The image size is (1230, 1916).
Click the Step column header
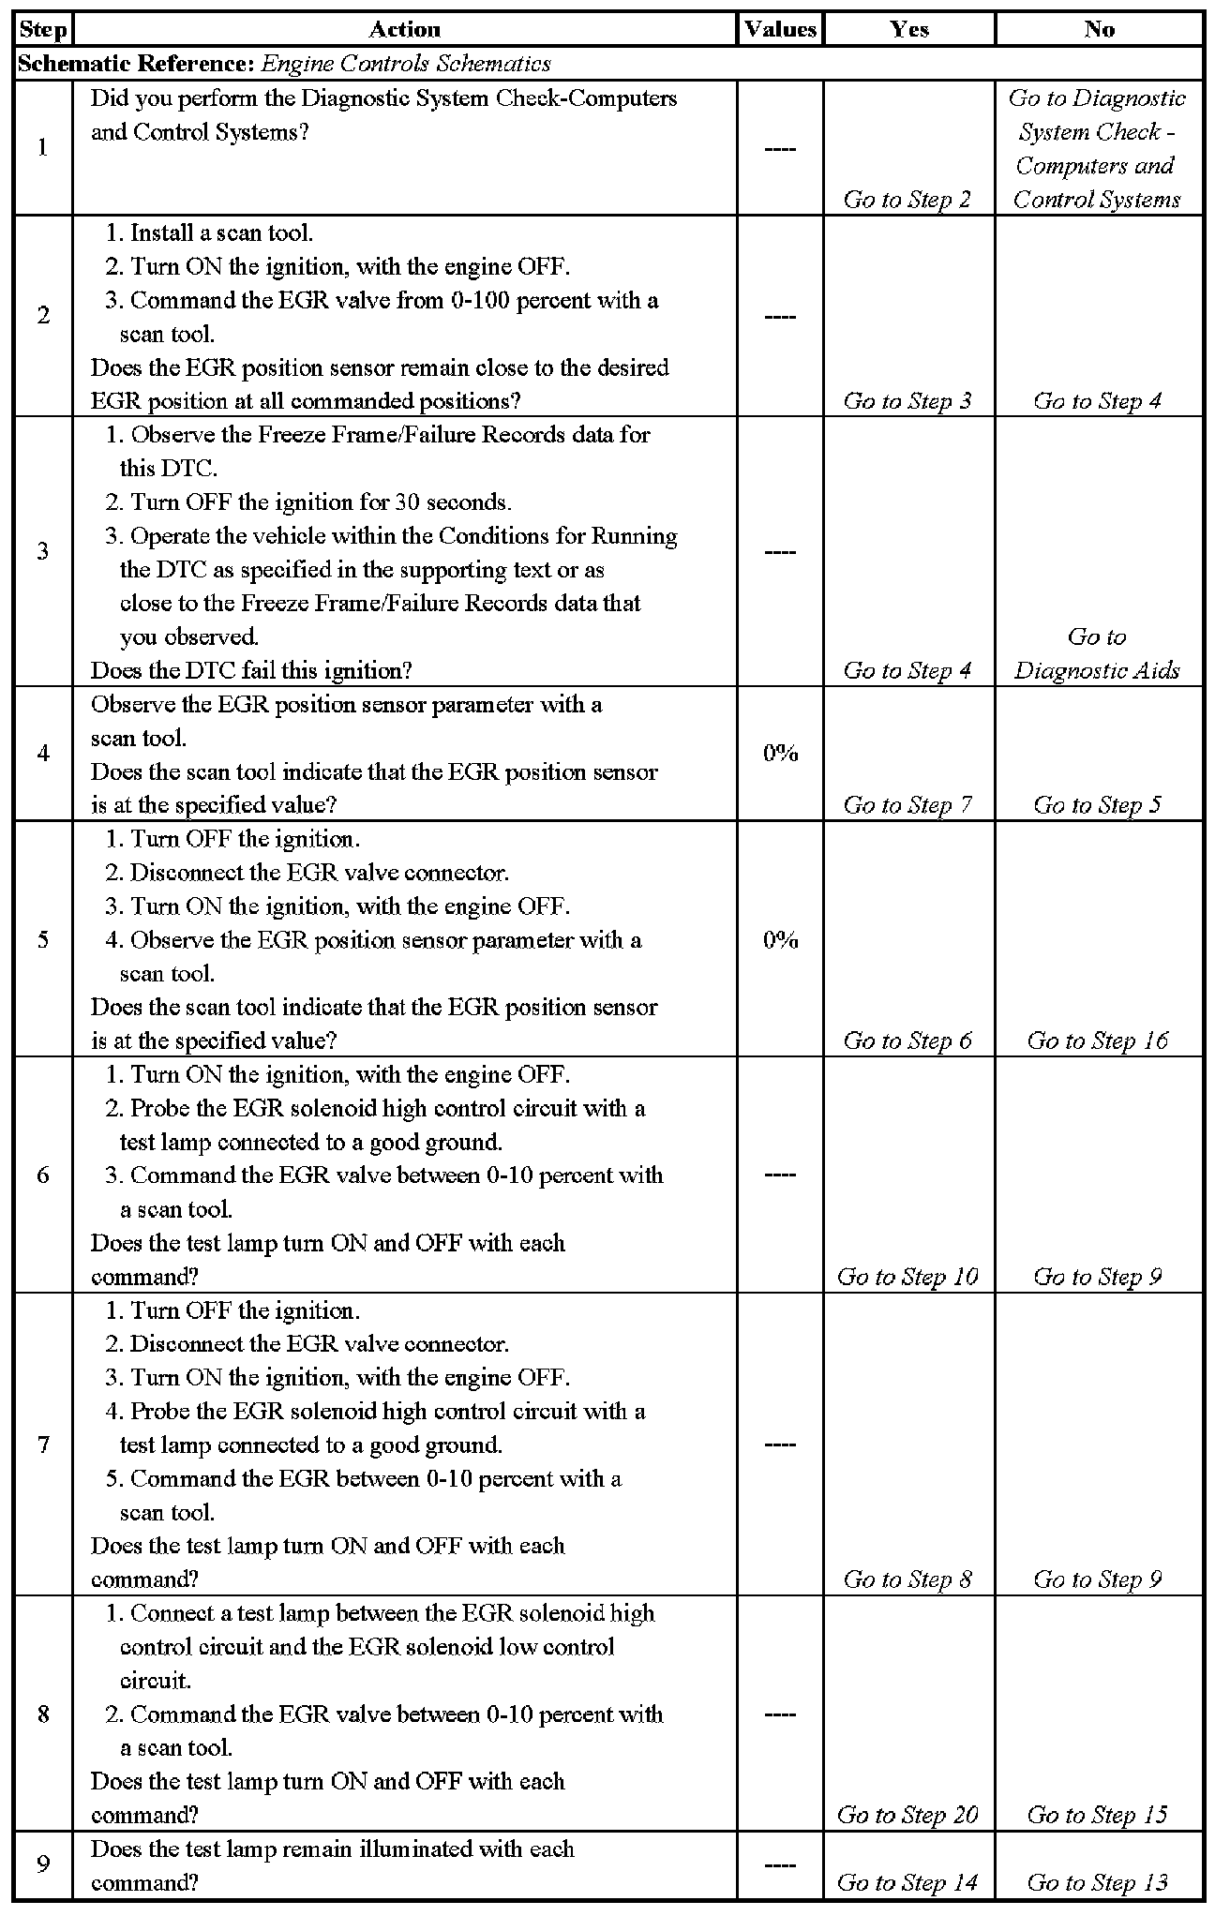click(x=43, y=29)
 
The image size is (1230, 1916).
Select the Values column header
click(x=780, y=29)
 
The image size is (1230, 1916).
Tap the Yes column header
click(x=908, y=29)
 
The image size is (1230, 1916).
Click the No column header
click(x=1099, y=29)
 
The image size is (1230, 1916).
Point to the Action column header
click(x=404, y=29)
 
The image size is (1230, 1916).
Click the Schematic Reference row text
click(x=284, y=64)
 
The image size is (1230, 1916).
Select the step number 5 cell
click(x=43, y=939)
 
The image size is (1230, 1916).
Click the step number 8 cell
click(x=43, y=1714)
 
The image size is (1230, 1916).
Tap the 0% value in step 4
click(x=780, y=753)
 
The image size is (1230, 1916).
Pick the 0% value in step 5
click(x=780, y=939)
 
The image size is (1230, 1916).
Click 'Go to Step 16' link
click(x=1098, y=1040)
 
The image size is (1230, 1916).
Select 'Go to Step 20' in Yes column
click(x=907, y=1815)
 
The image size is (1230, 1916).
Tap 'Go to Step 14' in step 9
click(x=907, y=1882)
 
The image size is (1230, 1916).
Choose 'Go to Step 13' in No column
click(x=1098, y=1882)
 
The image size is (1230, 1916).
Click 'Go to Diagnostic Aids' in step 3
click(x=1097, y=654)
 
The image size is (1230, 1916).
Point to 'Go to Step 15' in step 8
click(x=1098, y=1815)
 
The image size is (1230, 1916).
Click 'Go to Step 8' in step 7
click(x=907, y=1579)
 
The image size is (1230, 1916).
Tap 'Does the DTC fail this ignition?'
click(x=251, y=670)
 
